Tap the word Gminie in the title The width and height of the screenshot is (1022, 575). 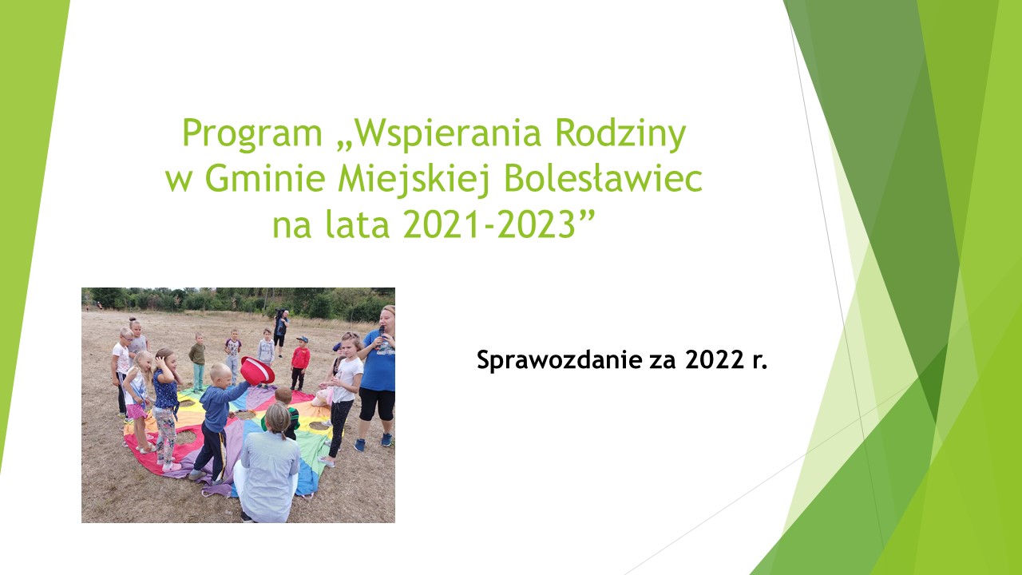[265, 179]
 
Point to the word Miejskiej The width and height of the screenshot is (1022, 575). [414, 179]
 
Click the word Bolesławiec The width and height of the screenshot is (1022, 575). [603, 178]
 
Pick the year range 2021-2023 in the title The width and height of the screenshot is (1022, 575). [489, 224]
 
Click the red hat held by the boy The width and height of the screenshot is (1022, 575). [257, 370]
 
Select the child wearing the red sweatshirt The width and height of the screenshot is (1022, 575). [300, 363]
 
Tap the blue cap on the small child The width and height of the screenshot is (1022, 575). [303, 339]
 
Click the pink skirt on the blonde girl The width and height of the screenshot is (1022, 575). [137, 411]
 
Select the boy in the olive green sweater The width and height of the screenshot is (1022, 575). [198, 361]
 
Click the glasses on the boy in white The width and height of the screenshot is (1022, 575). [127, 339]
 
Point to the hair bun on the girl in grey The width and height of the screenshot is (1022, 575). [133, 319]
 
